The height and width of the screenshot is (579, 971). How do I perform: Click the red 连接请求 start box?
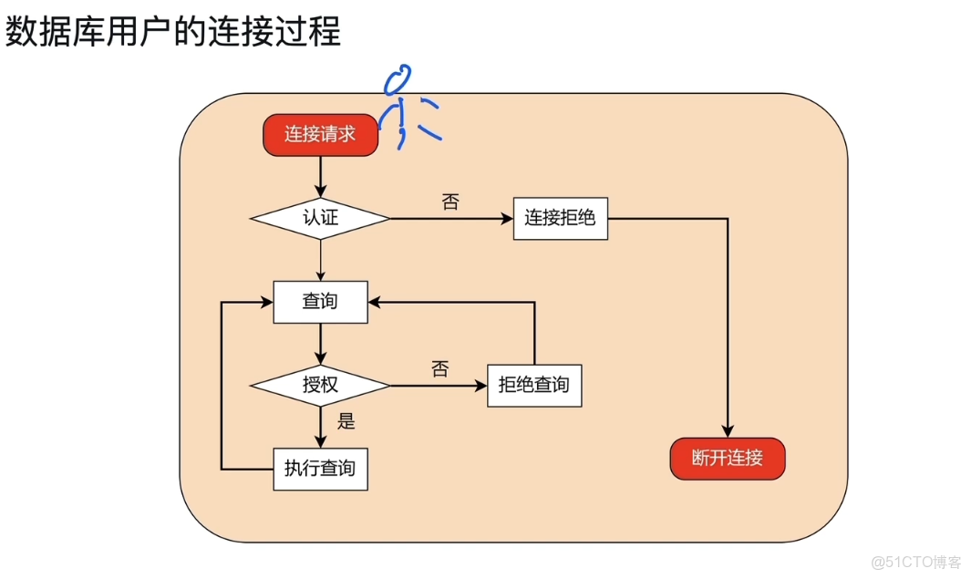[x=321, y=135]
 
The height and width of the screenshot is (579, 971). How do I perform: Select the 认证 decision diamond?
[x=320, y=219]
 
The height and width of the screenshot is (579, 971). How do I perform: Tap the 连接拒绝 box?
[x=560, y=219]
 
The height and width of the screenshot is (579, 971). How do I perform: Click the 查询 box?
[x=320, y=302]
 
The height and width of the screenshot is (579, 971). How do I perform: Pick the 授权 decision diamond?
[x=320, y=385]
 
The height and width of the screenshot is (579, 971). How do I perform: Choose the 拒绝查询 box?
[x=534, y=385]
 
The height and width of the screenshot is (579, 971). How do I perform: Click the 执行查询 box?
[x=320, y=470]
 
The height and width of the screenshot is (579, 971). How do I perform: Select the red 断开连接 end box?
[x=728, y=459]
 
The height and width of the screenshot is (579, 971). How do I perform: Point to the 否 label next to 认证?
[x=450, y=202]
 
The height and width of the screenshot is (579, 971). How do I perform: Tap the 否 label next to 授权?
[x=439, y=369]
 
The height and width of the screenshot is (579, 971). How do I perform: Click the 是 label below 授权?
[x=346, y=421]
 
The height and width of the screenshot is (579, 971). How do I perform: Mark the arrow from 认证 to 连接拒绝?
[x=450, y=219]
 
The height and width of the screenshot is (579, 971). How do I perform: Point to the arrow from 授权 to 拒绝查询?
[x=439, y=385]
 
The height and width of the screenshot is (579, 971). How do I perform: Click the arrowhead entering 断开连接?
[x=728, y=431]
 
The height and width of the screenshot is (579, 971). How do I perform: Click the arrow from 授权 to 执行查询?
[x=320, y=426]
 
